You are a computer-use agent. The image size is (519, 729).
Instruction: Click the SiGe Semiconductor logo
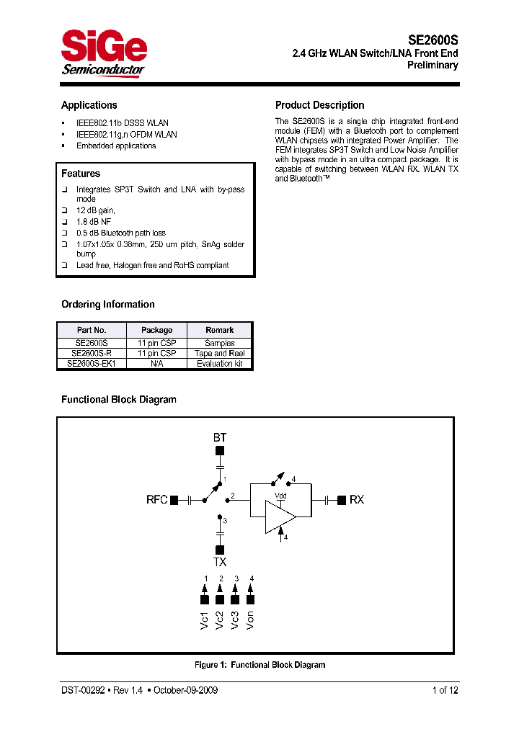click(104, 53)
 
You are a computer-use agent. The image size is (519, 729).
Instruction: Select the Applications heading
click(89, 105)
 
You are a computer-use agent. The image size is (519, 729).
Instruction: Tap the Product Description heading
click(320, 105)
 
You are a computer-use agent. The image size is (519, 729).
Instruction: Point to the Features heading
click(81, 174)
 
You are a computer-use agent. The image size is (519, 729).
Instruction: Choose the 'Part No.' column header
click(92, 330)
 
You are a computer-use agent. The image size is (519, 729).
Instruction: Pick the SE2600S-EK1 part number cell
click(92, 364)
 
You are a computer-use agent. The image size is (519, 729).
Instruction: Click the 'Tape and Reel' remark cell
click(219, 354)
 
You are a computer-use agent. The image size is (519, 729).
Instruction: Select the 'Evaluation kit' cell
click(219, 364)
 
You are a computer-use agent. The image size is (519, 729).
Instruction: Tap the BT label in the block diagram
click(220, 437)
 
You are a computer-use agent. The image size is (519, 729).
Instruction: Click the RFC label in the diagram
click(157, 500)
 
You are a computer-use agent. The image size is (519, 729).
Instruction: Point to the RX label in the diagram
click(357, 500)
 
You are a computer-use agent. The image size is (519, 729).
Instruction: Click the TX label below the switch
click(220, 562)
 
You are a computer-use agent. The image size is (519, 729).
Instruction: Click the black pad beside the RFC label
click(174, 500)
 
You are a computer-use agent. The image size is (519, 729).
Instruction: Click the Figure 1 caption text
click(259, 665)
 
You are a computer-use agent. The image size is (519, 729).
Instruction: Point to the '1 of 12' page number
click(445, 690)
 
